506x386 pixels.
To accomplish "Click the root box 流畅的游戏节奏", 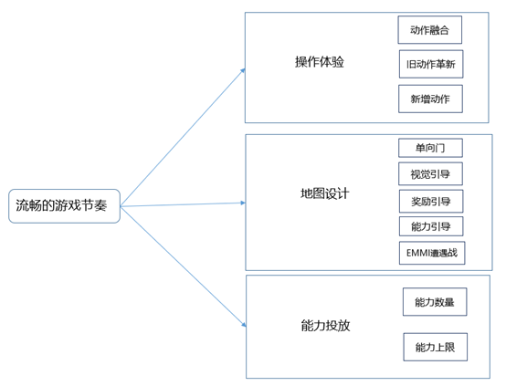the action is (64, 205).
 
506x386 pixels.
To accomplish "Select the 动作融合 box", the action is (429, 30).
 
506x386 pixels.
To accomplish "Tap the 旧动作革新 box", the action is (431, 64).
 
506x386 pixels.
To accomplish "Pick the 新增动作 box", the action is (430, 99).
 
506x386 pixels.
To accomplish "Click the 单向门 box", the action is (430, 148).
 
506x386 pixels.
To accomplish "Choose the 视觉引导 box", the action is (430, 173).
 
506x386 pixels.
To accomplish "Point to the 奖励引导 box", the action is (431, 202).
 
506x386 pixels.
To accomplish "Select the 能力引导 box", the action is (431, 226).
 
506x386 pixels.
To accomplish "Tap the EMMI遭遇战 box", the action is (432, 253).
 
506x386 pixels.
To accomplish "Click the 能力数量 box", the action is (435, 301).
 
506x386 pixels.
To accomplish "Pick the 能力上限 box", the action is (435, 347).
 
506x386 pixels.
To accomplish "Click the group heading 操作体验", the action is (319, 61).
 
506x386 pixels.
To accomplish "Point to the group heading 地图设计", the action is (324, 193).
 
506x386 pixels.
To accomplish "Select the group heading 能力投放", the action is (325, 326).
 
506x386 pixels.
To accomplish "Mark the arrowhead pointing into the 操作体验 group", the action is (243, 70).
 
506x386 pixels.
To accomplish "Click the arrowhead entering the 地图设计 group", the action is (243, 203).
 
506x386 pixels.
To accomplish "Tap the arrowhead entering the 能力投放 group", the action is (244, 324).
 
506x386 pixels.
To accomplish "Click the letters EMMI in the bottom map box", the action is (416, 253).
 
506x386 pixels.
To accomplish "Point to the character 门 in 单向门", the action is (439, 148).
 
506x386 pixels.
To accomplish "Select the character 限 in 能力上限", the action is (449, 347).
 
